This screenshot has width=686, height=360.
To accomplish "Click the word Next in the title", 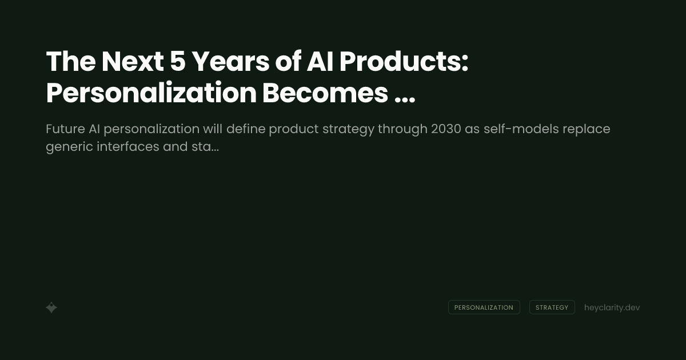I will pyautogui.click(x=133, y=62).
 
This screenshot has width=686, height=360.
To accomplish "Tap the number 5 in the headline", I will pyautogui.click(x=178, y=62).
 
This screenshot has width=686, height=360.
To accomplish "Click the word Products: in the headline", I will pyautogui.click(x=404, y=62).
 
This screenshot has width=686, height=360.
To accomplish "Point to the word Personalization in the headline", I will pyautogui.click(x=150, y=94).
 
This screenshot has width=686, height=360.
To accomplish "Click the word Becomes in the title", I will pyautogui.click(x=325, y=94).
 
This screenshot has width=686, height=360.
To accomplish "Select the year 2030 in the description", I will pyautogui.click(x=446, y=129).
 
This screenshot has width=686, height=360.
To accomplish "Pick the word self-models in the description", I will pyautogui.click(x=521, y=129).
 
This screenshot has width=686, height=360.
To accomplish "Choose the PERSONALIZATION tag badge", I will pyautogui.click(x=484, y=307).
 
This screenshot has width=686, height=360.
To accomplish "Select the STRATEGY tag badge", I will pyautogui.click(x=552, y=307).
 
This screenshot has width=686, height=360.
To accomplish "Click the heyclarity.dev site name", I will pyautogui.click(x=612, y=307).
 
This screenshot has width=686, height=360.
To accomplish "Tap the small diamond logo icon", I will pyautogui.click(x=51, y=307).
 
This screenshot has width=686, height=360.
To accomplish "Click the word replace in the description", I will pyautogui.click(x=587, y=130).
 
